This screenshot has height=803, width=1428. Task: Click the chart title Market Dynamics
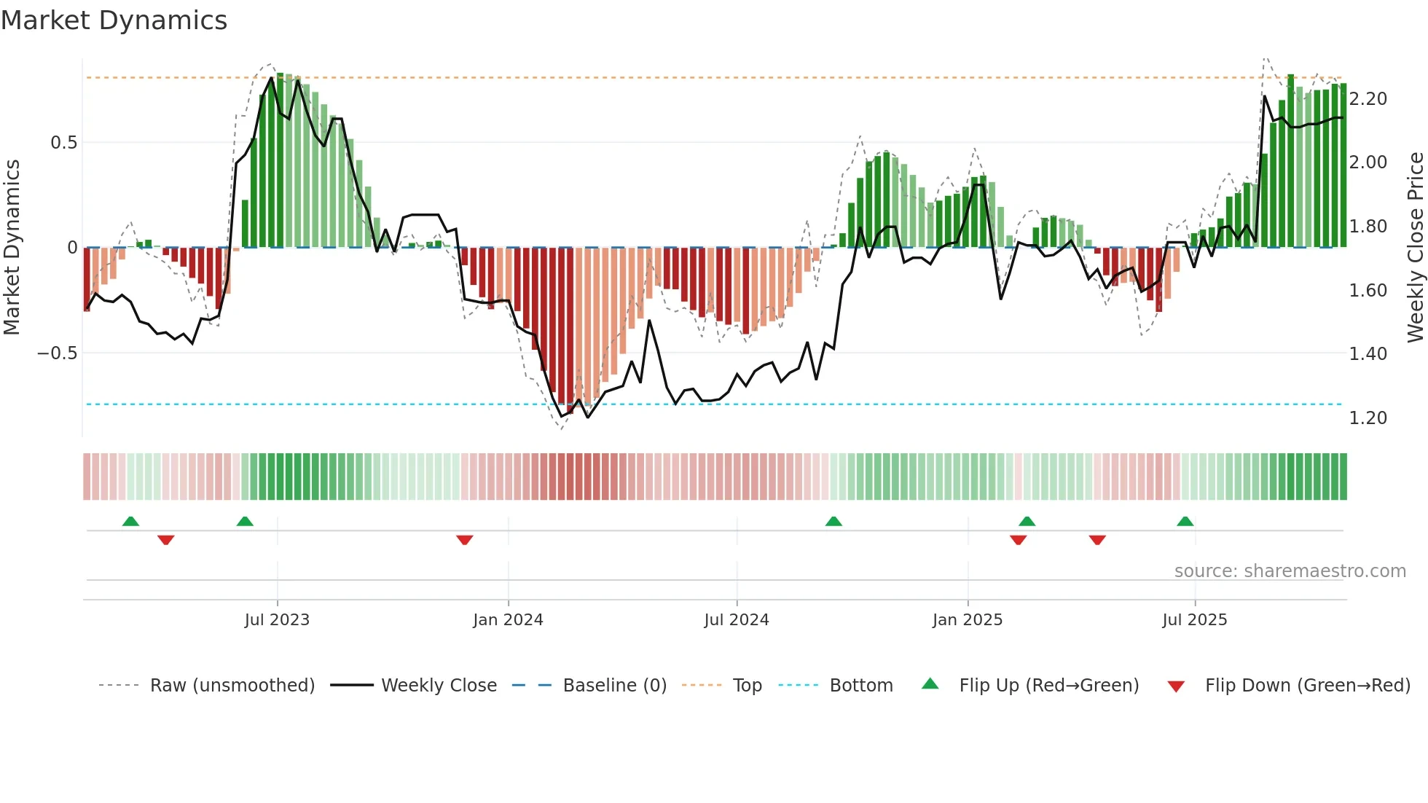coord(114,20)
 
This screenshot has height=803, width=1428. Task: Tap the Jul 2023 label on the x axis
coord(277,620)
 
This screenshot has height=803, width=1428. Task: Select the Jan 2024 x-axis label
coord(508,620)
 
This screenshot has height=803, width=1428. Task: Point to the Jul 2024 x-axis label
coord(737,620)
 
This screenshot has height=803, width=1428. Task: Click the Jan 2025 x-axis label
coord(968,620)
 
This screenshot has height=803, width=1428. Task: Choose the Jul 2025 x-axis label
coord(1195,620)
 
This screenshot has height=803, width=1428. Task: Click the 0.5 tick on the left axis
coord(64,143)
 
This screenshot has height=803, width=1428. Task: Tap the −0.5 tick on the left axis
coord(58,353)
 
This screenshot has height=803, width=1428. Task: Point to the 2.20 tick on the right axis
coord(1368,99)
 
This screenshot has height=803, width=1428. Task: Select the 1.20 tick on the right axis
coord(1368,418)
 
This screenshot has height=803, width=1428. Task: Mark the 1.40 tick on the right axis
coord(1368,354)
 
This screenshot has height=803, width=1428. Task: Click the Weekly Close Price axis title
coord(1415,247)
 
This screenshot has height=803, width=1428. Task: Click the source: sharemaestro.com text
coord(1290,571)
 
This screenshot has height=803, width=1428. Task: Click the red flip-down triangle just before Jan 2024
coord(465,540)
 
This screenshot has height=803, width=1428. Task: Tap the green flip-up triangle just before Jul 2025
coord(1185,521)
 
